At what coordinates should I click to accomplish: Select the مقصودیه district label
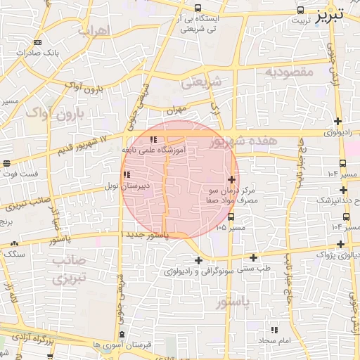[x=289, y=72]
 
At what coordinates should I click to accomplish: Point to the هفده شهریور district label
[x=243, y=143]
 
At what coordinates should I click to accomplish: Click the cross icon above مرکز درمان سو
[x=232, y=179]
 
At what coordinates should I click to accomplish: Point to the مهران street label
[x=175, y=110]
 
